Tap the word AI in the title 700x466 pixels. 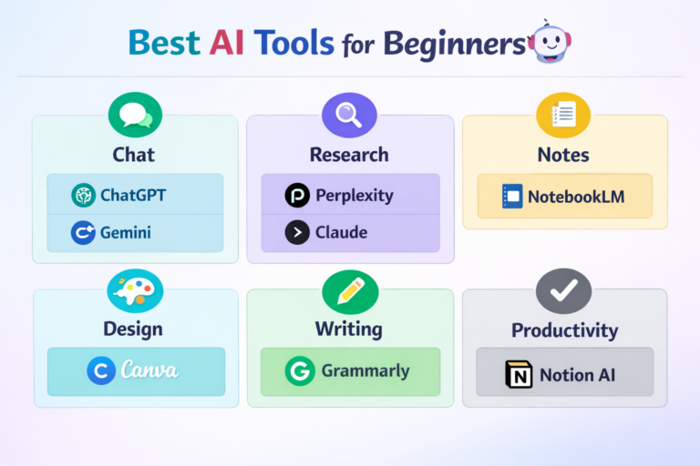coord(231,42)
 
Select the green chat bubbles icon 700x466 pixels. coord(134,116)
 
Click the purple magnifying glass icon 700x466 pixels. coord(349,115)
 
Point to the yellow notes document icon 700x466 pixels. coord(563,115)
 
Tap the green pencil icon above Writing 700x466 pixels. coord(350,291)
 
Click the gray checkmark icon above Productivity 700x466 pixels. coord(563,291)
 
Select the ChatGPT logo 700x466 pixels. coord(84,195)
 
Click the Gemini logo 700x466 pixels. coord(84,233)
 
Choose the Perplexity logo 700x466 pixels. coord(297,195)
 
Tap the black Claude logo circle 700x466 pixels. coord(297,233)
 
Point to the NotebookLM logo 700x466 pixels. coord(512,196)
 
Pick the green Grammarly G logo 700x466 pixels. coord(299,371)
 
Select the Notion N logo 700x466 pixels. coord(519,374)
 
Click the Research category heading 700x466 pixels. coord(349,155)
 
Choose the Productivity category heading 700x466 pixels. coord(564,330)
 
